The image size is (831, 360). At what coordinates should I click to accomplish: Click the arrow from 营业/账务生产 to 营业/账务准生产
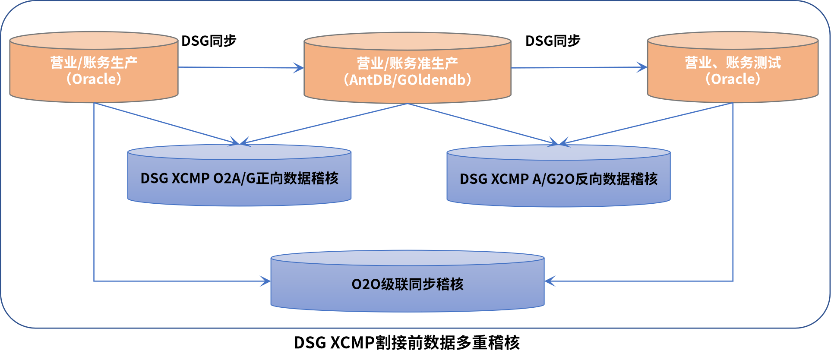(x=241, y=67)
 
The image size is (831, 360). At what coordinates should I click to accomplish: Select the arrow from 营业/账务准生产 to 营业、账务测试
(x=578, y=67)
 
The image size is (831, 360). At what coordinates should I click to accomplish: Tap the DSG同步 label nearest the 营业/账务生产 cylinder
(x=209, y=41)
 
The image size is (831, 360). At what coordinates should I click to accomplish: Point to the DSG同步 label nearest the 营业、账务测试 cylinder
(x=553, y=41)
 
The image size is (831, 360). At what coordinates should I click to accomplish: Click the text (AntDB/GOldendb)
(x=407, y=80)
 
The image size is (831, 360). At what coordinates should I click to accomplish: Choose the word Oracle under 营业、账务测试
(x=733, y=79)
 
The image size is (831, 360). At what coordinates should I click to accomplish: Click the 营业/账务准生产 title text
(x=407, y=63)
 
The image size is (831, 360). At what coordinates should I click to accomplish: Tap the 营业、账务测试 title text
(x=733, y=63)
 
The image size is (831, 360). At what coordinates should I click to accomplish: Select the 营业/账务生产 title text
(x=94, y=63)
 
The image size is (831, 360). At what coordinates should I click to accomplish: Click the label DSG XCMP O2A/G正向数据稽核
(x=239, y=178)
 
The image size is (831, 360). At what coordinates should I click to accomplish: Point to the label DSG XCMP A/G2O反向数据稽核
(x=558, y=179)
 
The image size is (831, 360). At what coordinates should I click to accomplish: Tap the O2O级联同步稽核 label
(x=407, y=284)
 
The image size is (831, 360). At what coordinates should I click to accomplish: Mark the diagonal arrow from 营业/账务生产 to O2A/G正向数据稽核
(x=166, y=123)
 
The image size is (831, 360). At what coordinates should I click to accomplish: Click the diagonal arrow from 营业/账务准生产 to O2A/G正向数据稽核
(x=324, y=123)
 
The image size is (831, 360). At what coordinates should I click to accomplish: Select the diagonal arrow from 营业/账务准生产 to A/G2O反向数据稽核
(x=483, y=123)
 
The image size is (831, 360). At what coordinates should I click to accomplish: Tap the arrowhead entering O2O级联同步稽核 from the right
(x=550, y=281)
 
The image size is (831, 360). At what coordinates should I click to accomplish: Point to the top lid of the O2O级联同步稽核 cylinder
(x=407, y=258)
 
